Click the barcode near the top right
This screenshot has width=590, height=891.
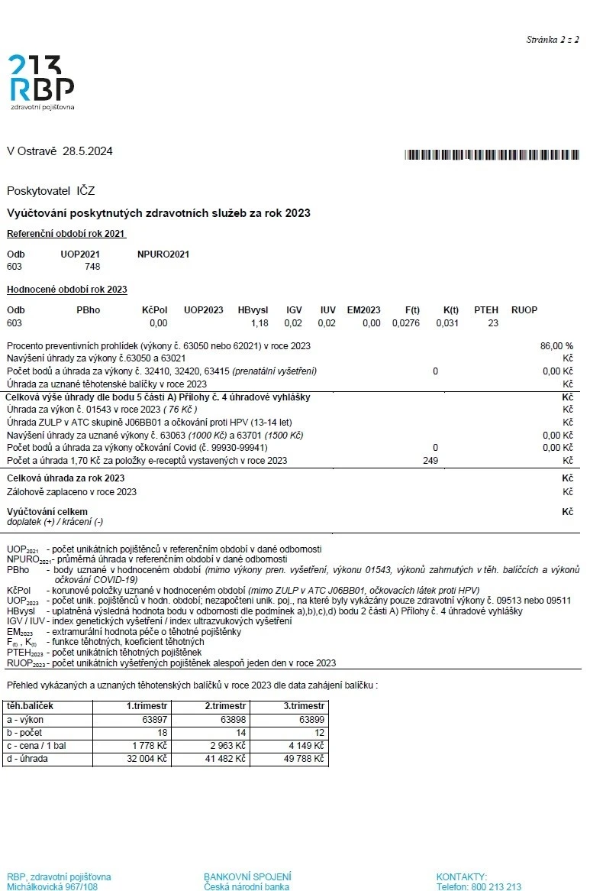point(492,154)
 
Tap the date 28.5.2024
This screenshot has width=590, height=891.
point(88,151)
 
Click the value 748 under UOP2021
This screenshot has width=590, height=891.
point(92,267)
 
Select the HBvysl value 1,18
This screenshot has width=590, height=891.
point(260,323)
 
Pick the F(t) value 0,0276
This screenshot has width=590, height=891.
point(406,323)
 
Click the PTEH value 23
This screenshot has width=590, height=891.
point(493,323)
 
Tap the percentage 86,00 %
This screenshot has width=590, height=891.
point(556,346)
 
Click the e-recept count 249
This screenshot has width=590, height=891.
point(430,460)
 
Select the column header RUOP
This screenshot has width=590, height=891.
point(524,310)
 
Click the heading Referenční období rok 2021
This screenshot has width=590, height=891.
point(66,233)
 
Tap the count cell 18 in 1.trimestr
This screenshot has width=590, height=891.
point(162,733)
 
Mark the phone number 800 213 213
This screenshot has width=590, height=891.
point(493,886)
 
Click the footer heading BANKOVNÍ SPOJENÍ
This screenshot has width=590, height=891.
point(247,876)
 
